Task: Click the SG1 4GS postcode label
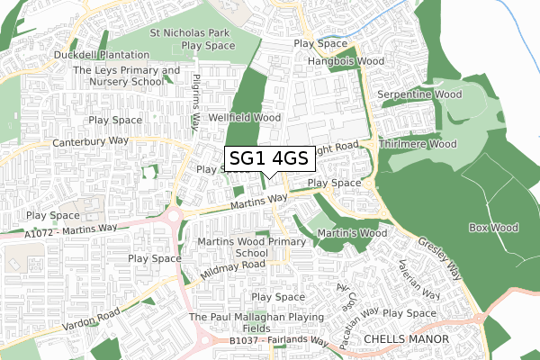269,159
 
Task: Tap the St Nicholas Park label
190,33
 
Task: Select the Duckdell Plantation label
101,55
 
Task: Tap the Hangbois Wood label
346,61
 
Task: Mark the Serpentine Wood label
418,94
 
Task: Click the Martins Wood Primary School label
251,247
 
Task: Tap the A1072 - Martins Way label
58,231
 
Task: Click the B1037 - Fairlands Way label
278,342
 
